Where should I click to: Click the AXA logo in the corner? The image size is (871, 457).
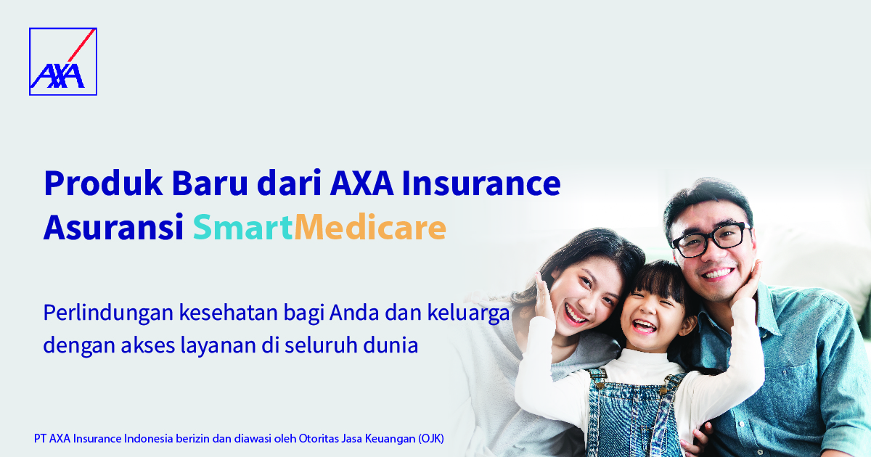click(63, 62)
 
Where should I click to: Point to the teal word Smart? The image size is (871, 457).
click(242, 227)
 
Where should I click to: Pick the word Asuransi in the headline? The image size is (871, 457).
click(113, 227)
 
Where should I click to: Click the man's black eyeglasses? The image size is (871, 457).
click(711, 239)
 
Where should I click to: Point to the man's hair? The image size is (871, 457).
click(708, 199)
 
